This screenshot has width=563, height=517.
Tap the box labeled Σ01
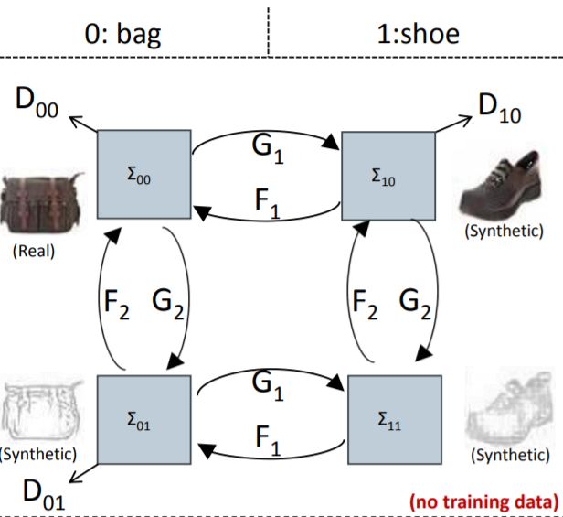(x=143, y=420)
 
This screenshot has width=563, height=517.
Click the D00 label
(x=37, y=102)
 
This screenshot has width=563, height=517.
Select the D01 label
(x=40, y=494)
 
